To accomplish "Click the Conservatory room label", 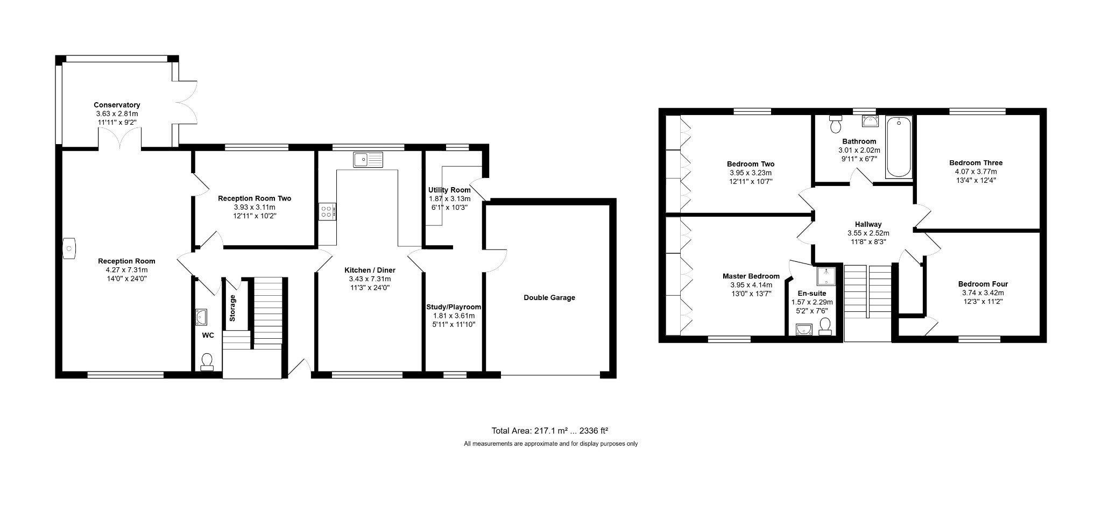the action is click(x=117, y=105).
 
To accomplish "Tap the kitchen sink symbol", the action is click(x=368, y=160).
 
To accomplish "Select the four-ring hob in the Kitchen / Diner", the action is click(x=327, y=211).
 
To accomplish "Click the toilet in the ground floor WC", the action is click(x=207, y=362).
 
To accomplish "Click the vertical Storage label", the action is click(x=232, y=308).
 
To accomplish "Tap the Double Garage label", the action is click(x=549, y=297).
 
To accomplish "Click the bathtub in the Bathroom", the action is click(x=899, y=147).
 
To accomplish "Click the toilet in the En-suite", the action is click(x=825, y=326).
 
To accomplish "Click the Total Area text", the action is click(x=549, y=431).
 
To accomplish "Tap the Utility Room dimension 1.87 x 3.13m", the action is click(x=450, y=199).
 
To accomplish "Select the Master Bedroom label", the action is click(x=751, y=276).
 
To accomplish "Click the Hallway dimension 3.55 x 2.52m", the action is click(x=868, y=233).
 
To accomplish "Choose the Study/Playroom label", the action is click(x=454, y=307).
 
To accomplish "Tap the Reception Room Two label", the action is click(x=255, y=198).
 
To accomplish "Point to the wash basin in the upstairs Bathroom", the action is click(x=870, y=122).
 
